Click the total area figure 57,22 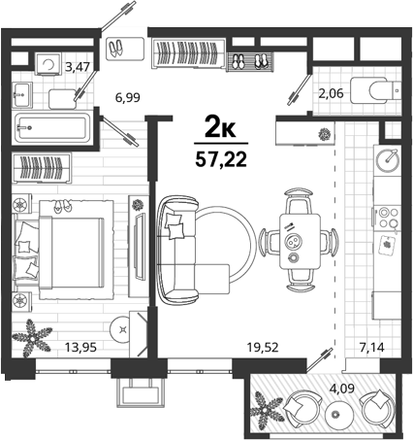click(221, 159)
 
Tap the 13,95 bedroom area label click(80, 347)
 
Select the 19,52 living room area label click(263, 347)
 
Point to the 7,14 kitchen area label click(372, 348)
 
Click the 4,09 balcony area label click(342, 388)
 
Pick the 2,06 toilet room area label click(331, 94)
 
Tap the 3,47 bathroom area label click(78, 67)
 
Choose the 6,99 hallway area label click(128, 97)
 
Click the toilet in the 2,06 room click(375, 90)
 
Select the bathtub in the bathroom click(53, 127)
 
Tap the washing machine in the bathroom click(48, 64)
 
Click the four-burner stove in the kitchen click(388, 218)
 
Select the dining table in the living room click(301, 241)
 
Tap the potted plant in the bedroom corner click(32, 337)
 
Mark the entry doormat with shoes click(126, 49)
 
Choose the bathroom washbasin click(22, 94)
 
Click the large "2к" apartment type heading click(220, 129)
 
